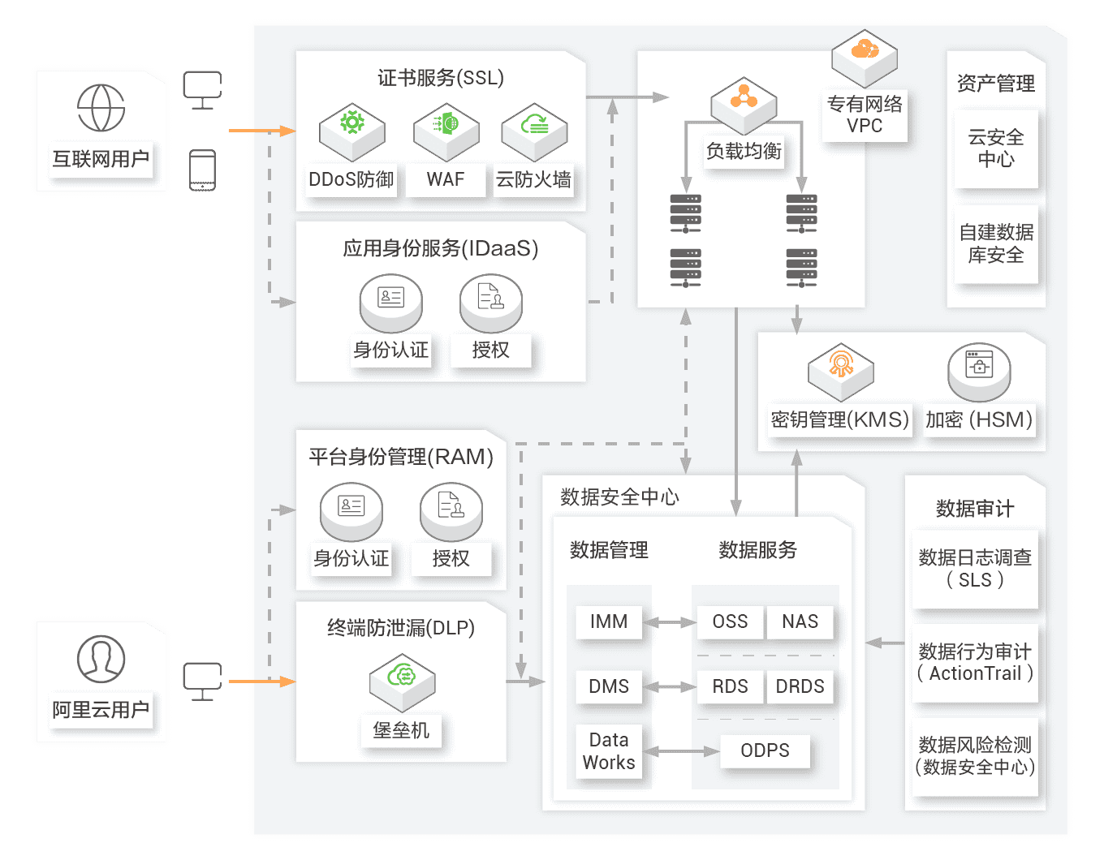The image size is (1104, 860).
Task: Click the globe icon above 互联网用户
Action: (101, 107)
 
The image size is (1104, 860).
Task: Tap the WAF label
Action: (446, 179)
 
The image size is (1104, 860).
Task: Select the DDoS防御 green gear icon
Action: (351, 123)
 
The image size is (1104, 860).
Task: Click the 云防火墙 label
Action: (533, 179)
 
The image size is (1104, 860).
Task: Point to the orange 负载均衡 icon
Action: (744, 98)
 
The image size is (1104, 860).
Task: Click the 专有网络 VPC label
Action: (865, 114)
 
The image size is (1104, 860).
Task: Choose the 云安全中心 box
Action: (996, 148)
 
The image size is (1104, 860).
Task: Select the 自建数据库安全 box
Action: (996, 243)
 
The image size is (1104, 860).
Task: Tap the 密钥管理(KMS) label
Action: (839, 419)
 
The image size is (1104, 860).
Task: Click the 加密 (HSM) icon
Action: (979, 366)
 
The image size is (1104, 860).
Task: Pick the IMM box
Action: (609, 621)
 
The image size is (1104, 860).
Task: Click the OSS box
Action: (730, 621)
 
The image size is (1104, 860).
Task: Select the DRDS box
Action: (800, 686)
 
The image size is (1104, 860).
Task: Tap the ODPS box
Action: (765, 750)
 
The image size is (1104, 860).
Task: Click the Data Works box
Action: (609, 751)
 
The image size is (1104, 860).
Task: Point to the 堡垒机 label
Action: (401, 730)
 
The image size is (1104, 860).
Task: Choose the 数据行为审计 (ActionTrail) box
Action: (975, 663)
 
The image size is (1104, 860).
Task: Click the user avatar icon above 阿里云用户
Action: (101, 658)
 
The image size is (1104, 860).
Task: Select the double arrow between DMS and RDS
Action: (669, 686)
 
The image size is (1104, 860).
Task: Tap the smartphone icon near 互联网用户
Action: (202, 170)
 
